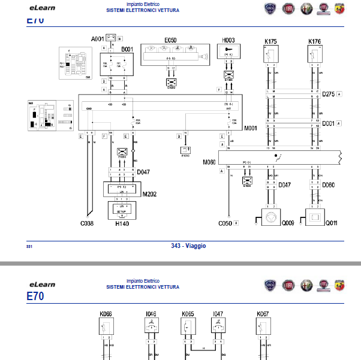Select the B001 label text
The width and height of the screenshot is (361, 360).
click(x=127, y=48)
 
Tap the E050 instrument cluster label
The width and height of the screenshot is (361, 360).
click(x=170, y=40)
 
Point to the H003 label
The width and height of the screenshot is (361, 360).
click(x=228, y=40)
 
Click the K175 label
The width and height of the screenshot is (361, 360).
click(x=270, y=41)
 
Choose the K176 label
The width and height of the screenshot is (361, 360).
click(x=314, y=41)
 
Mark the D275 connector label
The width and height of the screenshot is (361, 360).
click(x=328, y=94)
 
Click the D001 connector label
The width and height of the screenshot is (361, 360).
click(x=328, y=124)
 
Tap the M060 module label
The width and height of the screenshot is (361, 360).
click(x=209, y=162)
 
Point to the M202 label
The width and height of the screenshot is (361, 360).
click(x=149, y=193)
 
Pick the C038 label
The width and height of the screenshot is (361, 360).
click(x=88, y=223)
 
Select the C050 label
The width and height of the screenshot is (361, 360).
click(x=225, y=223)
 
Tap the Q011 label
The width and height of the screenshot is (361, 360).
click(x=331, y=223)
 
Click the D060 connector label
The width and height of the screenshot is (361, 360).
click(x=329, y=184)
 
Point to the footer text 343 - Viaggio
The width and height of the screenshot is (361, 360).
click(x=188, y=246)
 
